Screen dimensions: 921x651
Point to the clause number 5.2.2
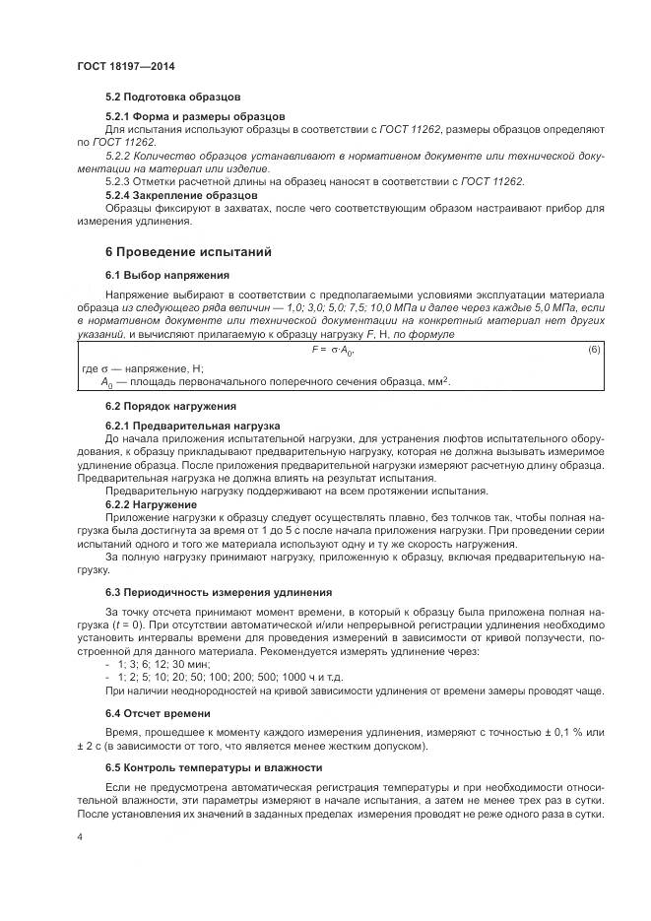click(117, 156)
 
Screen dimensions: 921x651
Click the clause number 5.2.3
click(117, 181)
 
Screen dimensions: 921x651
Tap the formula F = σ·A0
click(333, 350)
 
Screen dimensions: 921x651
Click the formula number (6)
click(593, 350)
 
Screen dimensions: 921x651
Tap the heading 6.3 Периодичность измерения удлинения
click(219, 592)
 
